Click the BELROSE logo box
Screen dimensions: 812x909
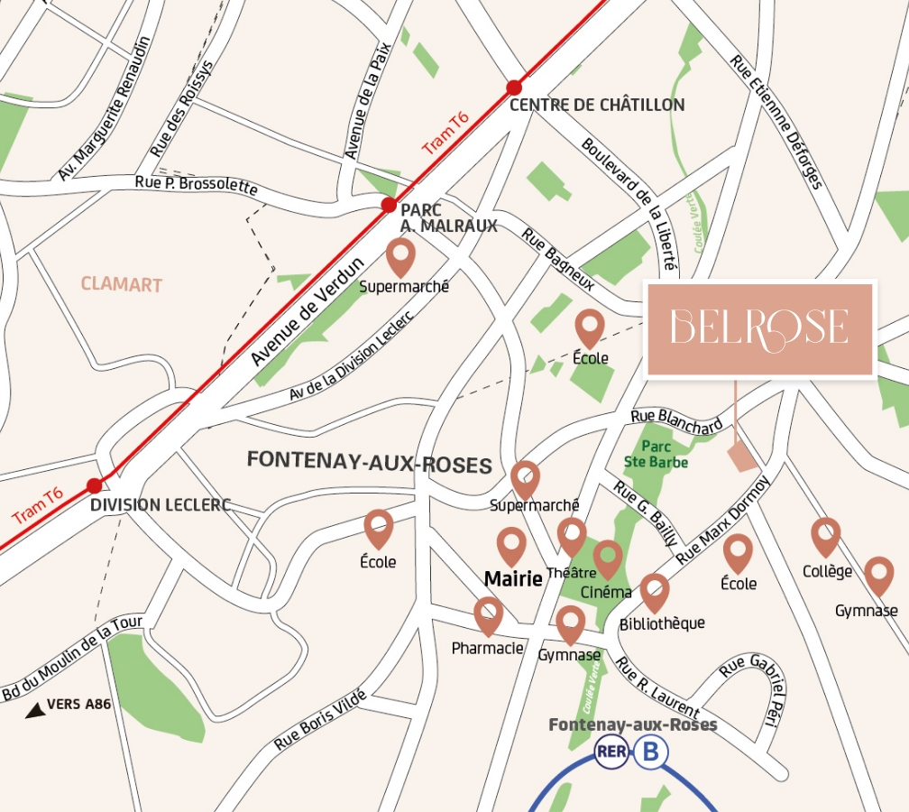pyautogui.click(x=759, y=328)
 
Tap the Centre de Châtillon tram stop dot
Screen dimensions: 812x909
pyautogui.click(x=514, y=88)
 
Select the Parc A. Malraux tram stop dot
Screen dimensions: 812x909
pyautogui.click(x=389, y=206)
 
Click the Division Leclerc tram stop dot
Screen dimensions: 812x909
pyautogui.click(x=95, y=486)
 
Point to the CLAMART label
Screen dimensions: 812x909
pyautogui.click(x=122, y=285)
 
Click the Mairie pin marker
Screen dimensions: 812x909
pyautogui.click(x=512, y=545)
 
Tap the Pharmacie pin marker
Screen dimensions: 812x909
pyautogui.click(x=488, y=614)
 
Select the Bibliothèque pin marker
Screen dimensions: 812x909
pyautogui.click(x=655, y=590)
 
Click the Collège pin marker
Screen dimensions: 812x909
pyautogui.click(x=826, y=535)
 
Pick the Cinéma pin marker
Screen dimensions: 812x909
pyautogui.click(x=608, y=557)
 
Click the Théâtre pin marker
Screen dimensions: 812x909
pyautogui.click(x=572, y=535)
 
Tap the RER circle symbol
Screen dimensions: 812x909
pyautogui.click(x=611, y=752)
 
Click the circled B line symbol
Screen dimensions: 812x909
pyautogui.click(x=649, y=752)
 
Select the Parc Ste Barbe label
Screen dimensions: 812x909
pyautogui.click(x=656, y=454)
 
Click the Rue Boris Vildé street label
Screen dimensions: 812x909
pyautogui.click(x=320, y=719)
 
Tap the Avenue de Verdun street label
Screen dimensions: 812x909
pyautogui.click(x=307, y=312)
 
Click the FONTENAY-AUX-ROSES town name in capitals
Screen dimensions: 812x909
pyautogui.click(x=370, y=464)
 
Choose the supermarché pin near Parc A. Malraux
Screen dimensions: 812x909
pyautogui.click(x=401, y=256)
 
